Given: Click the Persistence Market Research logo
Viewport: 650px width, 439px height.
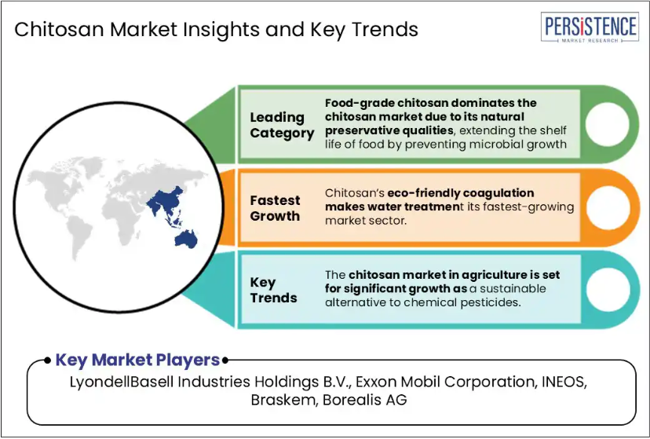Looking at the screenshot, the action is point(590,27).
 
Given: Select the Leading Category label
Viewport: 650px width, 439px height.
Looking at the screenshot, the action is point(282,125).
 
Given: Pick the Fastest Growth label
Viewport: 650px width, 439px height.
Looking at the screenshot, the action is point(275,208).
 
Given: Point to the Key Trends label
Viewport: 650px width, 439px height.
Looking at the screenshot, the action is point(273,290).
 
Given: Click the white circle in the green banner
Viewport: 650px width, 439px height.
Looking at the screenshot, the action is point(607,124).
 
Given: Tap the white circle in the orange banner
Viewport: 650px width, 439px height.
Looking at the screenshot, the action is point(608,207).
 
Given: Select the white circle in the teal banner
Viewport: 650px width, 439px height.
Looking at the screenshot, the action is point(608,290).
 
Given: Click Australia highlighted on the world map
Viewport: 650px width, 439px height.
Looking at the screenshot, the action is point(187,240).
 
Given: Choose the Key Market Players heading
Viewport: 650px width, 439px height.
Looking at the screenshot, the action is point(137,360).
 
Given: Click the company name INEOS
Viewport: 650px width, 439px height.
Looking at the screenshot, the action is point(564,382).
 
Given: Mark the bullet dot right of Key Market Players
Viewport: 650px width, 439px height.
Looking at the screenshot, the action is point(225,360).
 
